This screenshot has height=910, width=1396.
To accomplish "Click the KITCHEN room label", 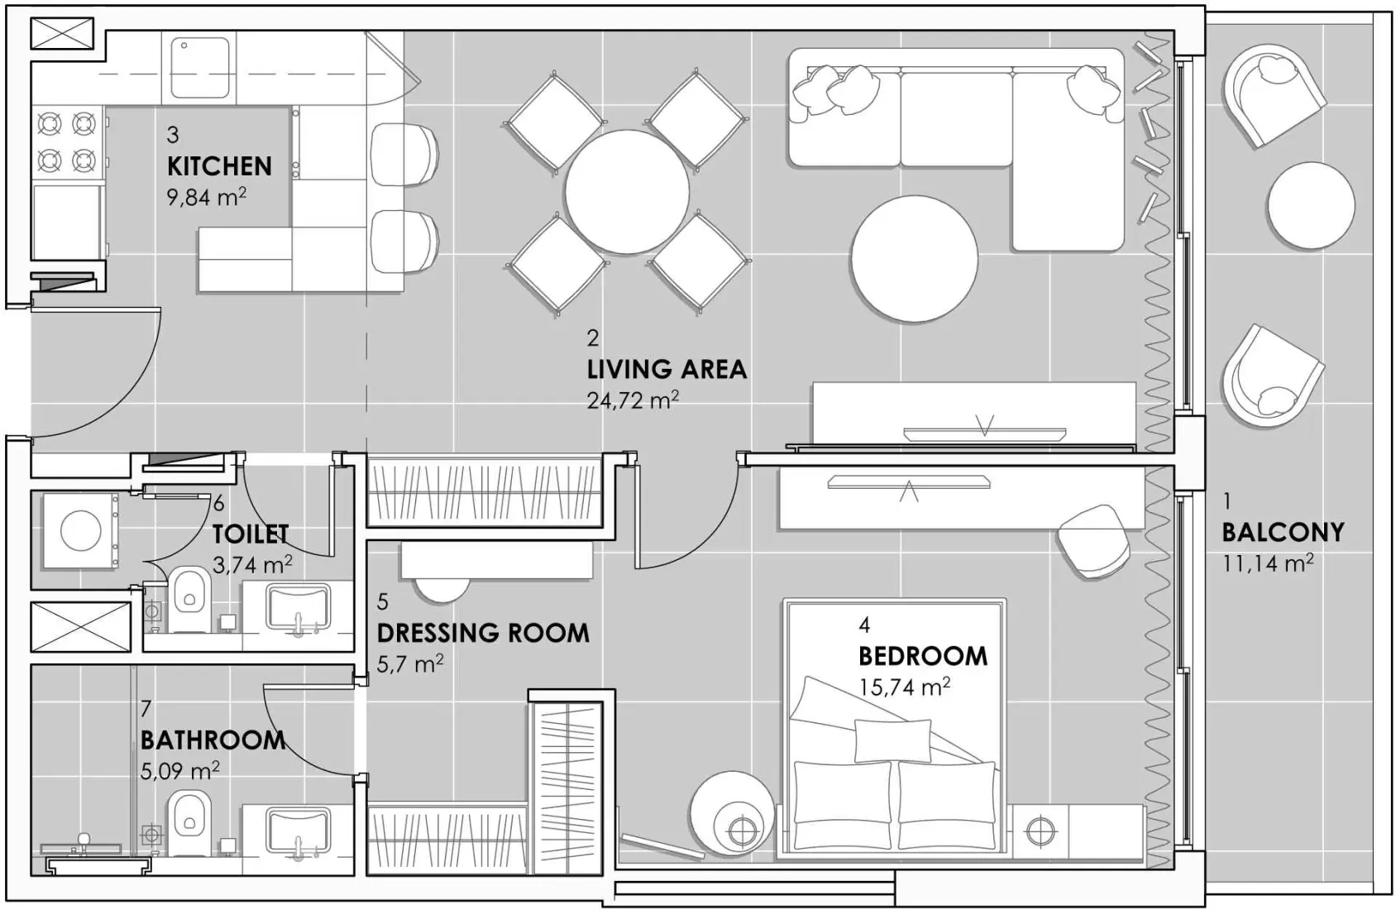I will coord(219,166).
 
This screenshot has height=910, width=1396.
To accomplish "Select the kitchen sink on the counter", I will coord(200,56).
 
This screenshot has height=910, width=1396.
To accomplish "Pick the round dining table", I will coord(627,192).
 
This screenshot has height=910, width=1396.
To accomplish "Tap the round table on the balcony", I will coord(1311,204).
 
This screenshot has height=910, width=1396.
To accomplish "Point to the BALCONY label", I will coord(1283,532).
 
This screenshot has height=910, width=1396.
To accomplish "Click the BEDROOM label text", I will coord(923,656).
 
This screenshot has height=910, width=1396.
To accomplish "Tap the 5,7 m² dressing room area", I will coord(410,663).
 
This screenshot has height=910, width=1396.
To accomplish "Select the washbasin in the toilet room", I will coord(298,607).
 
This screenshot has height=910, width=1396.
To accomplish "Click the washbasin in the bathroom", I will coord(298,831).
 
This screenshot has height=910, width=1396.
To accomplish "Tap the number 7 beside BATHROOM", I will coord(146,709).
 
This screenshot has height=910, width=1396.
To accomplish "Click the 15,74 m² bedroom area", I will coord(905,687).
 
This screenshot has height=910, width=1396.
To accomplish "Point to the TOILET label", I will coord(251,534).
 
